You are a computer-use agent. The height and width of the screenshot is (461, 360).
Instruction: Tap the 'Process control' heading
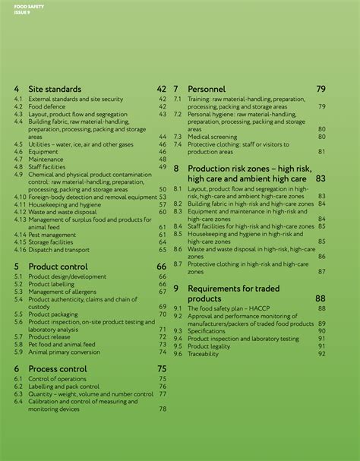tap(58, 368)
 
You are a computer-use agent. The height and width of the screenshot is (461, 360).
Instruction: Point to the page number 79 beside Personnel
tap(321, 89)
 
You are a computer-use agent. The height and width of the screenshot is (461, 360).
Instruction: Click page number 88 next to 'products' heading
tap(320, 298)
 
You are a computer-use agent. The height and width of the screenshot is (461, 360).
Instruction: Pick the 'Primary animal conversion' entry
tap(64, 352)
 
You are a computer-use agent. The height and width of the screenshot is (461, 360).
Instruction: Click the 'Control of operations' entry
tap(57, 378)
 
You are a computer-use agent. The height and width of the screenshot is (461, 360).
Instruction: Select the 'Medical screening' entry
tap(213, 137)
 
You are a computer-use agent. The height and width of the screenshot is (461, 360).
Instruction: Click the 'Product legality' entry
tap(209, 346)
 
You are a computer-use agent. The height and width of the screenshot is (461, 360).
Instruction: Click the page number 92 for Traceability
tap(321, 353)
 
